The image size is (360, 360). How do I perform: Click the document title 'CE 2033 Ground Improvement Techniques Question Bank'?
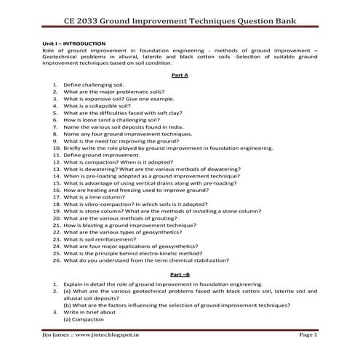point(180,19)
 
